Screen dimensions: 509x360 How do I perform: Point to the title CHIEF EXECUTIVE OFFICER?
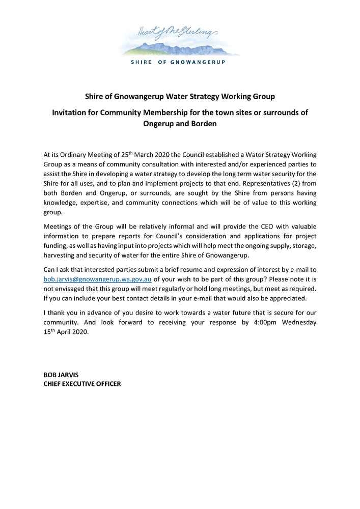coord(82,383)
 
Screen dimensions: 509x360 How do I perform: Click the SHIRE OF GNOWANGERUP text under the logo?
coord(178,63)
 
